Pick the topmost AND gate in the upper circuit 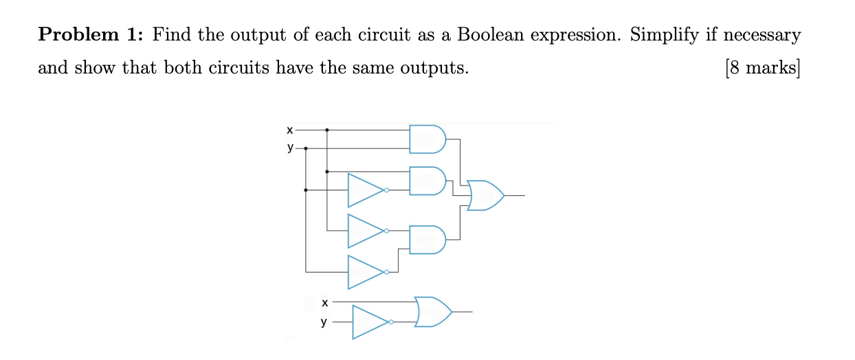pyautogui.click(x=427, y=139)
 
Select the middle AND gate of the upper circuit pyautogui.click(x=427, y=181)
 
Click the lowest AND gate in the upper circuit pyautogui.click(x=427, y=239)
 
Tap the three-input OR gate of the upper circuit pyautogui.click(x=485, y=195)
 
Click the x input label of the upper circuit pyautogui.click(x=289, y=129)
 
